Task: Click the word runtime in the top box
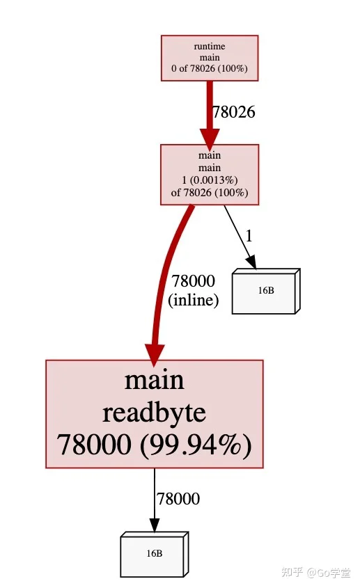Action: tap(210, 47)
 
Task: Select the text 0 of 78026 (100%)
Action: tap(210, 69)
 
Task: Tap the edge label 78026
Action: tap(234, 112)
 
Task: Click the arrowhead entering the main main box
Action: tap(210, 138)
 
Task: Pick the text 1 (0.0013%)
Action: tap(210, 180)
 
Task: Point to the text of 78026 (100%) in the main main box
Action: tap(210, 193)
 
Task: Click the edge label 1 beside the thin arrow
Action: tap(249, 237)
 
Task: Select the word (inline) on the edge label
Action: tap(194, 300)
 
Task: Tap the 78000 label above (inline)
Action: tap(194, 281)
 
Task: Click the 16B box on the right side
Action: tap(266, 291)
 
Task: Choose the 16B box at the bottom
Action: tap(155, 554)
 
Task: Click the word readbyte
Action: tap(155, 413)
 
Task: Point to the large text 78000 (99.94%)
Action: tap(155, 445)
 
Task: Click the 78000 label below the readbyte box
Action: tap(178, 499)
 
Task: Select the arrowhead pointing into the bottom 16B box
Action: tap(155, 525)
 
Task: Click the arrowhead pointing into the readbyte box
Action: tap(155, 354)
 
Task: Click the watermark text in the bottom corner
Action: tap(316, 573)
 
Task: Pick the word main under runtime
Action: tap(210, 58)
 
